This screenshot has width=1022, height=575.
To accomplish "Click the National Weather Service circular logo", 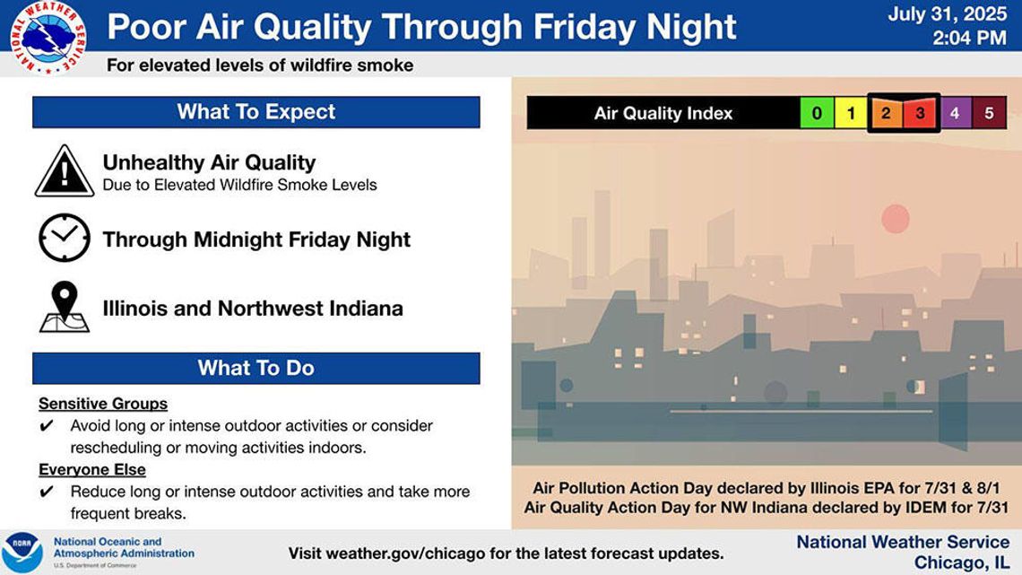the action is pyautogui.click(x=48, y=37).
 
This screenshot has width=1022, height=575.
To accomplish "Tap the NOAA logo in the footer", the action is pyautogui.click(x=22, y=553).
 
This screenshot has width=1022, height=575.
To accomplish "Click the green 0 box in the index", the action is pyautogui.click(x=817, y=113).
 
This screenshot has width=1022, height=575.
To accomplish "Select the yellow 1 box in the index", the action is pyautogui.click(x=851, y=113).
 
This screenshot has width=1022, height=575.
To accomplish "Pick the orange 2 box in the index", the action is pyautogui.click(x=886, y=113).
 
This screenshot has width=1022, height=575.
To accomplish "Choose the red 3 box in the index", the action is pyautogui.click(x=920, y=113).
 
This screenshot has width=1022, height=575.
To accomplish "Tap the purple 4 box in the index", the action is pyautogui.click(x=955, y=113).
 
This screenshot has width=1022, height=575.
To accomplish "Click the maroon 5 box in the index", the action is pyautogui.click(x=990, y=113).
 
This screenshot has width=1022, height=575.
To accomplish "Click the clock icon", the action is pyautogui.click(x=65, y=238).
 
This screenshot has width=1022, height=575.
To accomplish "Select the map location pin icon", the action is pyautogui.click(x=65, y=307).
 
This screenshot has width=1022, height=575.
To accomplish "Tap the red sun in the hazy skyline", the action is pyautogui.click(x=896, y=218).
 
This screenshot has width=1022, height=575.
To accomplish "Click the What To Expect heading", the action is pyautogui.click(x=256, y=111).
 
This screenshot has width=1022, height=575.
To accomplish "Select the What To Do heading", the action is pyautogui.click(x=256, y=368).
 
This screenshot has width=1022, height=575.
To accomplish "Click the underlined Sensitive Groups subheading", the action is pyautogui.click(x=103, y=404).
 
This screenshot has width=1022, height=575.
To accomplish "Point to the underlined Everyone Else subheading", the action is pyautogui.click(x=92, y=469).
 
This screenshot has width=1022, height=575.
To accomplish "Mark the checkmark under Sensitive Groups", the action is pyautogui.click(x=47, y=426).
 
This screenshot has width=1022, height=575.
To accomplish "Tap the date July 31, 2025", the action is pyautogui.click(x=947, y=13).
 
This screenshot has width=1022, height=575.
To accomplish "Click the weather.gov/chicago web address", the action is pyautogui.click(x=405, y=553).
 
